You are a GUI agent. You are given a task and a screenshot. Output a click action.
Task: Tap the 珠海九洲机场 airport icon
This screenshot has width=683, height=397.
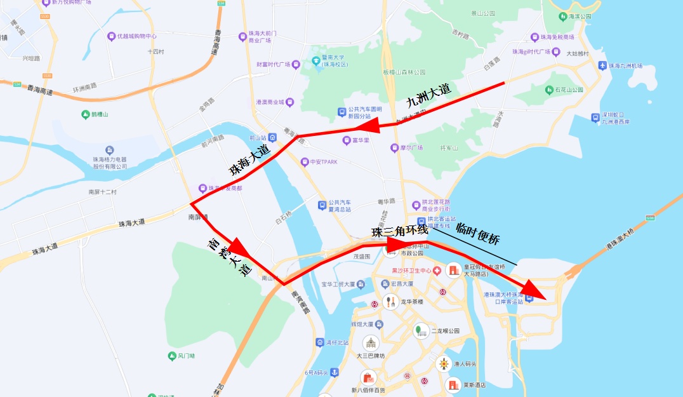602,65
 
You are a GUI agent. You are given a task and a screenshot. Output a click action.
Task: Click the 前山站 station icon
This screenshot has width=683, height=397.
272,137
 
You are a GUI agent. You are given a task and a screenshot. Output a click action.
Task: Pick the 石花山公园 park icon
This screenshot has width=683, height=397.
549,90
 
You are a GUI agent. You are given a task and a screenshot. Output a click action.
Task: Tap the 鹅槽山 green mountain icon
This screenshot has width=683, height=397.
86,114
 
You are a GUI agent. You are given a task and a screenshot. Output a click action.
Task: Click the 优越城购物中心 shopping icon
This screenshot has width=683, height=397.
112,36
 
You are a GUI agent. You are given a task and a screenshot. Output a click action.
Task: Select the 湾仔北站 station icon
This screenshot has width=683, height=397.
319,342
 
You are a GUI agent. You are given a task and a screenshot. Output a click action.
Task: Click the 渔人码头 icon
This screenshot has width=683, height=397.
444,364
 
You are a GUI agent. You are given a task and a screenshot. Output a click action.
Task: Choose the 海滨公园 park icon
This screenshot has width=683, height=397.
562,16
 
